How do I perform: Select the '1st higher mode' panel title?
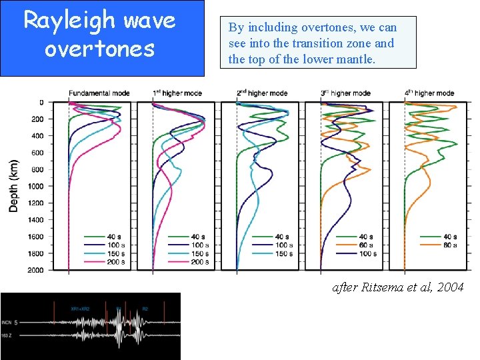coord(177,93)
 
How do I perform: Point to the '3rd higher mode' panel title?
coord(345,93)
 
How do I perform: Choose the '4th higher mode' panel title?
coord(429,93)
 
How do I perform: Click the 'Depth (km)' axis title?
coord(14,186)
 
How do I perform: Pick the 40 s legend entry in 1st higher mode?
coord(197,237)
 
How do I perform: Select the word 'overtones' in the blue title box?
coord(99,49)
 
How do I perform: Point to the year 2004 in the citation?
coord(449,287)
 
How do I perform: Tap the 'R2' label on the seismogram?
coord(145,309)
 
